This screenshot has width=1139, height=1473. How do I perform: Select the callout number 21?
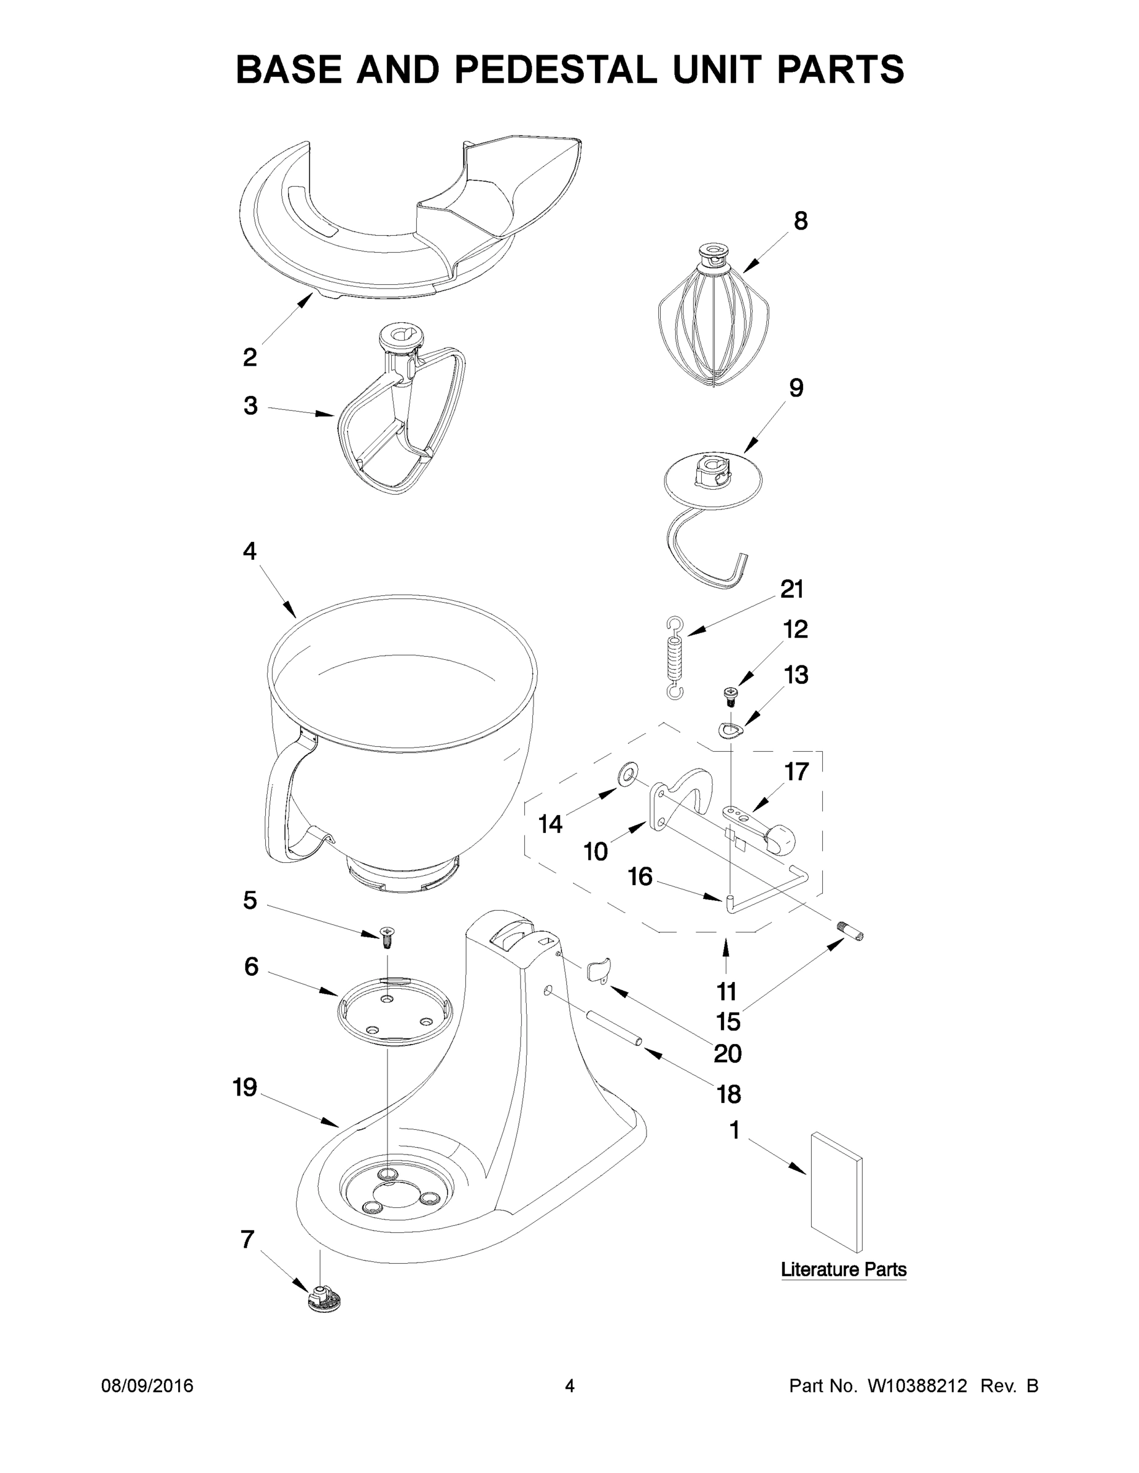click(x=791, y=589)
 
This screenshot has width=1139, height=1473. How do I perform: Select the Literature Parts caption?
click(x=844, y=1269)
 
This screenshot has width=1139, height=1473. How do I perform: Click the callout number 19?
click(x=244, y=1088)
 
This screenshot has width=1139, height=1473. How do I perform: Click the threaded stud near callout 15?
click(x=852, y=933)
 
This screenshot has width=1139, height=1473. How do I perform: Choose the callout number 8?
click(x=800, y=221)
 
